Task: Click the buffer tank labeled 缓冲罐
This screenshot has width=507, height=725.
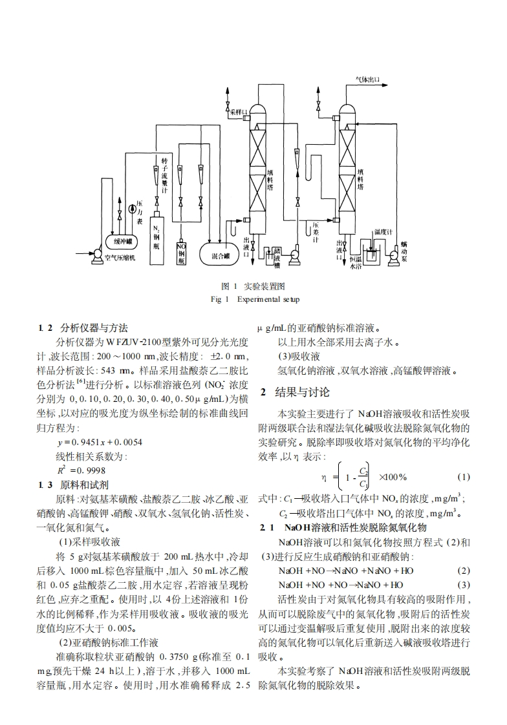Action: click(x=123, y=242)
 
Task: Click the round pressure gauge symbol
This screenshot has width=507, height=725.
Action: click(x=132, y=208)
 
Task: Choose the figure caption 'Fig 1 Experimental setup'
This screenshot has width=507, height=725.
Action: click(x=254, y=299)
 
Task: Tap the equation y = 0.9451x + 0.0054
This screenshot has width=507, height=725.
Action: click(x=100, y=442)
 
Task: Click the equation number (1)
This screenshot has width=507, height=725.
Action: click(x=463, y=477)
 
